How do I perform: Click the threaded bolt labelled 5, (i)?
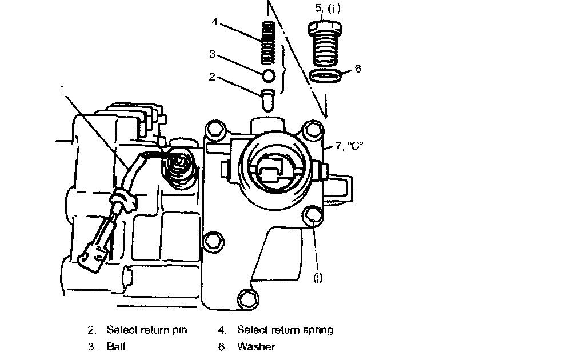(326, 46)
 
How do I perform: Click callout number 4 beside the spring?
(214, 22)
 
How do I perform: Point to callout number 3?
(211, 55)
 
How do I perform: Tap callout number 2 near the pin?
(211, 77)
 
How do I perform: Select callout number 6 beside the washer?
(358, 69)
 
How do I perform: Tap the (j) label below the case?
(318, 279)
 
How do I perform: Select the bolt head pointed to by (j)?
(312, 215)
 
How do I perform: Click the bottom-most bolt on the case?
(246, 297)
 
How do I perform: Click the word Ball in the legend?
(116, 347)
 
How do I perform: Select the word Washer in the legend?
(255, 347)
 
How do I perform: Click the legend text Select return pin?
(146, 330)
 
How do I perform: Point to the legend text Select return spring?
(285, 330)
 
